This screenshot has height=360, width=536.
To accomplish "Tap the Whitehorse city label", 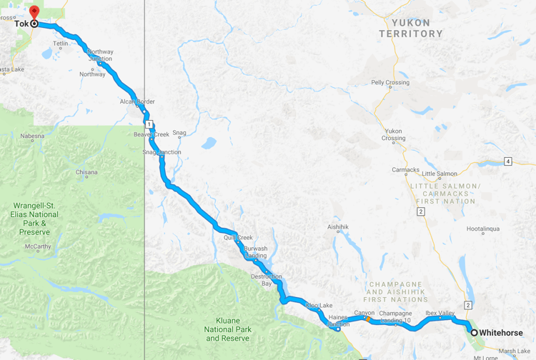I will point(501,333).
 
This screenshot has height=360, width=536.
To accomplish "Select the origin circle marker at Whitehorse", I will point(474,333).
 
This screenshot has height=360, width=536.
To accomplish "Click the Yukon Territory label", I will point(411,28).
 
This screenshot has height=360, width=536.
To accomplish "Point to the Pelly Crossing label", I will point(390,83).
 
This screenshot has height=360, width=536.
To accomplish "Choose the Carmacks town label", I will point(405,170).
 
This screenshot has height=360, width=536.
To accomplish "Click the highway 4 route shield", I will point(508,161).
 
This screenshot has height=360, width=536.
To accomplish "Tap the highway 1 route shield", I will point(149,125).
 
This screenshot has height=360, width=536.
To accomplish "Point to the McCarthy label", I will point(38,246).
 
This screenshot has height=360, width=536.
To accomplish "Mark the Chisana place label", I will point(86,172).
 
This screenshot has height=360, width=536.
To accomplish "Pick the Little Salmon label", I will point(440,174).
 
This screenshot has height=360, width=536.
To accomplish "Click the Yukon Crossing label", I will point(394,135).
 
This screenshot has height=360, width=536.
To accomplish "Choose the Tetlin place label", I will point(60,44).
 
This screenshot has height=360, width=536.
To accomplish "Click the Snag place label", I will point(179,132).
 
